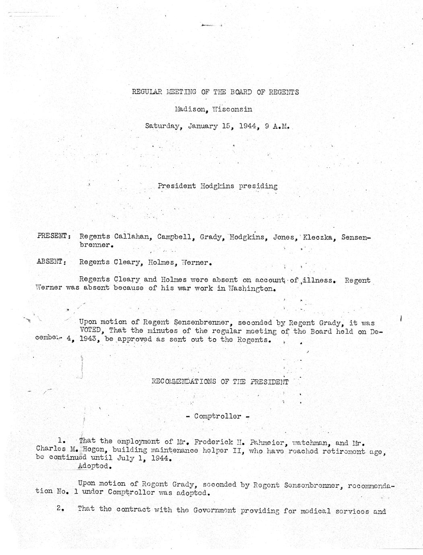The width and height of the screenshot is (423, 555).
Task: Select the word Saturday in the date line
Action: (x=162, y=126)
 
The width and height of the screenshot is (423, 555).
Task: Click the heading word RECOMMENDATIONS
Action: (x=184, y=382)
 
